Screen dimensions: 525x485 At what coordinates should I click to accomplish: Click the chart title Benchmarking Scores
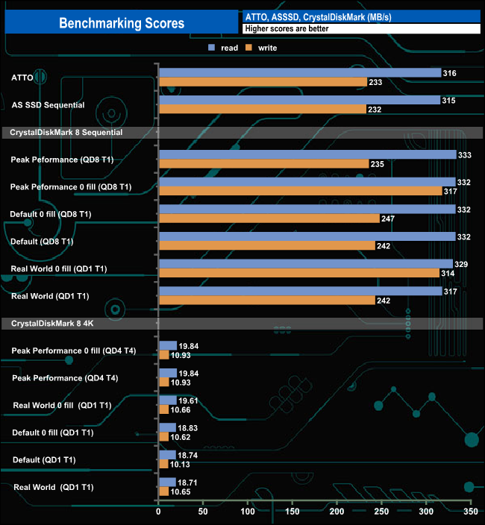point(122,23)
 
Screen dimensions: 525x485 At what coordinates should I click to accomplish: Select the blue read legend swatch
point(212,48)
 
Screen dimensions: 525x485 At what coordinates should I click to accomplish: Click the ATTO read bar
point(299,72)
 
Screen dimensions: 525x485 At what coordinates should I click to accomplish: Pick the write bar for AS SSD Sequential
point(262,109)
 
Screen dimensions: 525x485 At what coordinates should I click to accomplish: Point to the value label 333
point(466,154)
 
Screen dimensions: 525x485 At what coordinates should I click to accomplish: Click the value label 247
point(389,219)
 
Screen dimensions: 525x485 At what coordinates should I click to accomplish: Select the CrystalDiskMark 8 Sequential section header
point(66,132)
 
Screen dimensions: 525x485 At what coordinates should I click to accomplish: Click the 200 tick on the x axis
point(337,513)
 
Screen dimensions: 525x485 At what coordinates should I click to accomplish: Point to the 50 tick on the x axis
point(203,513)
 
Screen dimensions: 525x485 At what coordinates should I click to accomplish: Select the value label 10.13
point(182,463)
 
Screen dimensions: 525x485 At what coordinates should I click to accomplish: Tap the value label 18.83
point(190,427)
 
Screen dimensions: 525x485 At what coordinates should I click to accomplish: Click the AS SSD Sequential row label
point(48,105)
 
